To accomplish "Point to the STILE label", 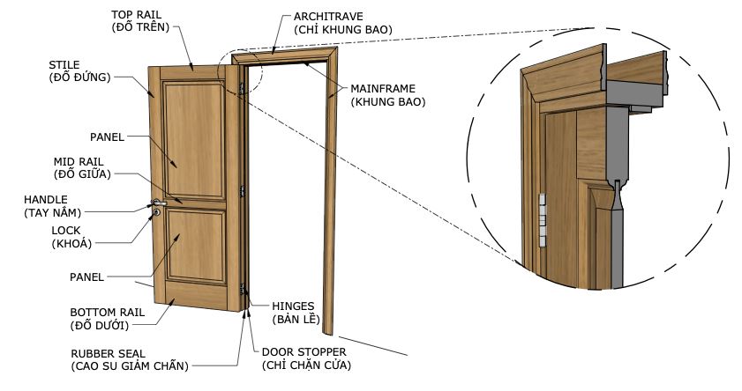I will click(x=65, y=64).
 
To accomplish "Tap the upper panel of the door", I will click(x=192, y=136).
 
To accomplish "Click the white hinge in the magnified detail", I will click(x=543, y=218).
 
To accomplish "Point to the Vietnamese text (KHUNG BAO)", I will click(x=388, y=102).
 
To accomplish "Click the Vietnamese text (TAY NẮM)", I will click(x=53, y=212).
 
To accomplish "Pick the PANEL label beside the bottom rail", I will click(x=87, y=277).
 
